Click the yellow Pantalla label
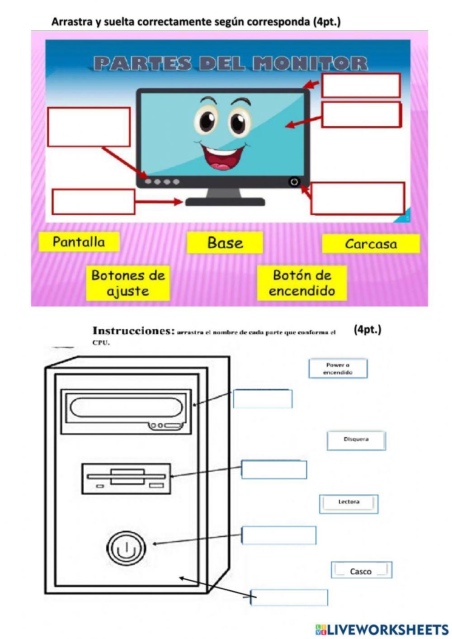point(79,242)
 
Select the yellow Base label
point(225,243)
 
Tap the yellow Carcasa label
point(371,244)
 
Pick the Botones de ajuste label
point(128,283)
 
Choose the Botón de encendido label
point(302,283)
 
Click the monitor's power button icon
point(294,182)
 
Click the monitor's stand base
point(225,202)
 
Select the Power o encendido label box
point(338,369)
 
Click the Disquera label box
point(356,440)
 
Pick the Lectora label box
point(348,503)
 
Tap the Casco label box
point(361,570)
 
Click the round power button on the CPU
point(126,548)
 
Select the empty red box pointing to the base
point(94,202)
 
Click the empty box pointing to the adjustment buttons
point(89,127)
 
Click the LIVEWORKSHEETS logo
point(382,630)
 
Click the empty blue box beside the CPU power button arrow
point(279,535)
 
